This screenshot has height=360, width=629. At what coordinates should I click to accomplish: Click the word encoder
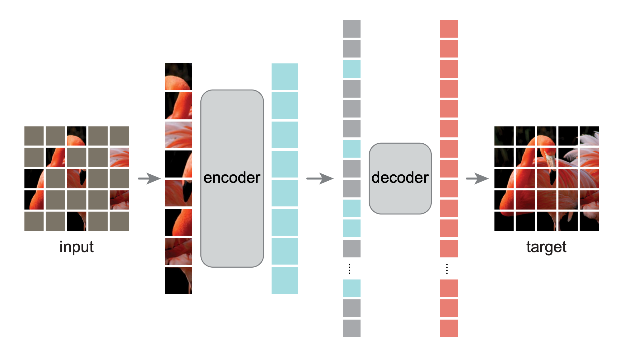click(232, 178)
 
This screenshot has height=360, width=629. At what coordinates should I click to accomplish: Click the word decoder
click(400, 178)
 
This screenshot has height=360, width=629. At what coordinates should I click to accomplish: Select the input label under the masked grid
click(77, 247)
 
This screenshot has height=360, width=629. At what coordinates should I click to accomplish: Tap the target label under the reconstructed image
click(546, 247)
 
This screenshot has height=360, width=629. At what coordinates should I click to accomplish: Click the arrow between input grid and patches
click(149, 178)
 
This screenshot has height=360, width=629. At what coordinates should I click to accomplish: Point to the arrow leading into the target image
click(477, 178)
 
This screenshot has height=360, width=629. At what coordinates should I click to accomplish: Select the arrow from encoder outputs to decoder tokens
click(320, 178)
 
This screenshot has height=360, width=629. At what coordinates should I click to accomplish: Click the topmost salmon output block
click(449, 29)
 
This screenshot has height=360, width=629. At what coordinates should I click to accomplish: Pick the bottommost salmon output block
click(449, 328)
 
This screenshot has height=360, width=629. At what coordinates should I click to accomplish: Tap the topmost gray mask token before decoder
click(352, 29)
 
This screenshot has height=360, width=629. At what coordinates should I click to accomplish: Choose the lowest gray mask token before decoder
click(352, 328)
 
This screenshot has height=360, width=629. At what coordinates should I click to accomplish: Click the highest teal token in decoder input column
click(352, 69)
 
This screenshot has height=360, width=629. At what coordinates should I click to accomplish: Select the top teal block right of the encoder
click(285, 77)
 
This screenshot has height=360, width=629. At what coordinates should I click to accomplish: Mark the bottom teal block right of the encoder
click(285, 280)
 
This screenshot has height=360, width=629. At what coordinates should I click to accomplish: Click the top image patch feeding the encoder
click(179, 77)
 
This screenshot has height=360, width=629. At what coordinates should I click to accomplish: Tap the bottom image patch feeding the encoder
click(179, 280)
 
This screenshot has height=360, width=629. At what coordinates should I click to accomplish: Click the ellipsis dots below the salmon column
click(447, 269)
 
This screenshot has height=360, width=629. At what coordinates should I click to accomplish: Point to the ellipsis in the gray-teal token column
click(350, 269)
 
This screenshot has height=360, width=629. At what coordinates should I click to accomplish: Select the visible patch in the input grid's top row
click(77, 136)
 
